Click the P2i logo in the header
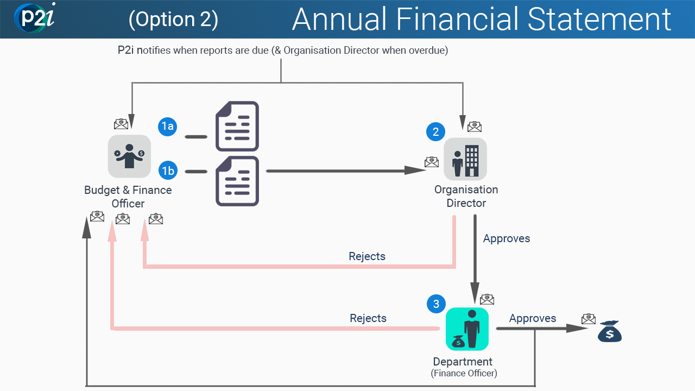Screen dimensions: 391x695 click(x=35, y=18)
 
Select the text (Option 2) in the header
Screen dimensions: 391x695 click(x=173, y=20)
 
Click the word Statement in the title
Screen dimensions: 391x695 click(x=599, y=20)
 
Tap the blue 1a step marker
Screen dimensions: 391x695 click(x=168, y=127)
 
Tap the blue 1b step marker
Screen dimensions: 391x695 click(x=168, y=171)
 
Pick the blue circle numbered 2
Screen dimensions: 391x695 click(x=435, y=131)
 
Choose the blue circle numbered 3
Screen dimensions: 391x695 click(x=435, y=304)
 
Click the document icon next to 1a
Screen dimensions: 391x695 click(x=237, y=126)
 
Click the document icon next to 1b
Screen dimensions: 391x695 click(x=237, y=181)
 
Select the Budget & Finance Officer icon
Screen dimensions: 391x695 click(x=129, y=156)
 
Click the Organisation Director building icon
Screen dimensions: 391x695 click(x=465, y=159)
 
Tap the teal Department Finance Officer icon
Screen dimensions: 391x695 click(x=467, y=329)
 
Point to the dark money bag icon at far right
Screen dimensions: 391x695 click(x=609, y=331)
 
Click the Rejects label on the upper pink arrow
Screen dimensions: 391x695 click(x=367, y=256)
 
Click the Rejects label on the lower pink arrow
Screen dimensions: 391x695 click(x=368, y=318)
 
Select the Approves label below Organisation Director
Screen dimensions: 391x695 click(x=507, y=238)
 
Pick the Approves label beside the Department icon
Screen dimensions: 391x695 click(x=533, y=318)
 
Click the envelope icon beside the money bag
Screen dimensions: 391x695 click(x=588, y=318)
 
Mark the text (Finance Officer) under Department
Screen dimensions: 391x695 click(x=464, y=373)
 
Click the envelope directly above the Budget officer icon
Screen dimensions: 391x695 click(x=121, y=124)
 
